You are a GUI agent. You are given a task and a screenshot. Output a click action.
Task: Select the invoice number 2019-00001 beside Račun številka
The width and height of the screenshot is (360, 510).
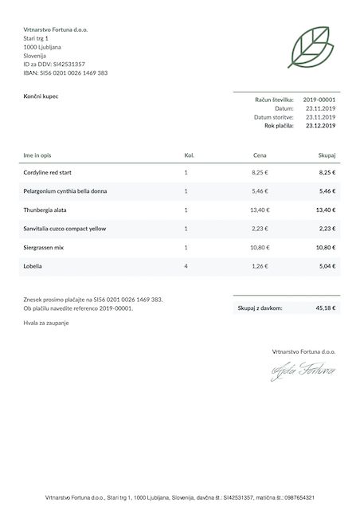(319, 100)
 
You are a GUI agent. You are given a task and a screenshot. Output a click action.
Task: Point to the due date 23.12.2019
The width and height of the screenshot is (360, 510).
(320, 126)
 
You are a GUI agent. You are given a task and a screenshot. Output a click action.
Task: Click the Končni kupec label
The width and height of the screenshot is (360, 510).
(41, 96)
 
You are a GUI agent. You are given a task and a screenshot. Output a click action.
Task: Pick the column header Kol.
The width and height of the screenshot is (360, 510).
(189, 155)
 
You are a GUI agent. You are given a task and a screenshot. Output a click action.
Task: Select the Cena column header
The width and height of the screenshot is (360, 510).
(260, 155)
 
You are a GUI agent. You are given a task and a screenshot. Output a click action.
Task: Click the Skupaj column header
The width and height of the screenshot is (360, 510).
(327, 155)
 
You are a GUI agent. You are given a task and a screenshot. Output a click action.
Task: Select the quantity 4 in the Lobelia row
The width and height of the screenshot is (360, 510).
(186, 266)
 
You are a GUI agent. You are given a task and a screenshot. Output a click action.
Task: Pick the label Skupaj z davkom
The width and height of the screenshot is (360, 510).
(260, 307)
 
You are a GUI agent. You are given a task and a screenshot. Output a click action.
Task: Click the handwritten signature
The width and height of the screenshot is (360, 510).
(303, 371)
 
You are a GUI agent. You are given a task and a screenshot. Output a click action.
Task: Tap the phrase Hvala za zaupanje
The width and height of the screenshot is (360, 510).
(47, 322)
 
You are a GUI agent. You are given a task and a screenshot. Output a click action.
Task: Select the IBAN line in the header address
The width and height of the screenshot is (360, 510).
(65, 73)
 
